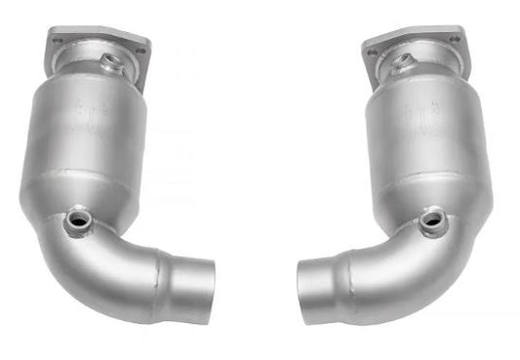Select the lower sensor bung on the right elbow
433,222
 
